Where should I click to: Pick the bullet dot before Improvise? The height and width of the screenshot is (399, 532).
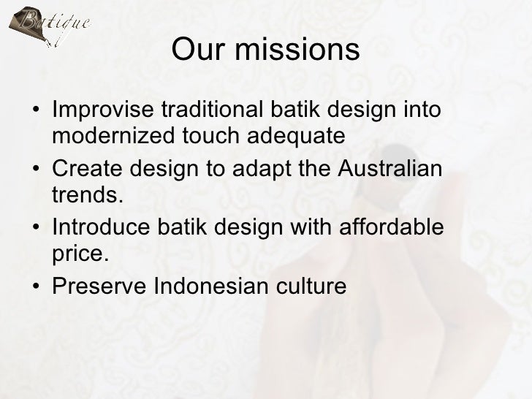(x=36, y=111)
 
